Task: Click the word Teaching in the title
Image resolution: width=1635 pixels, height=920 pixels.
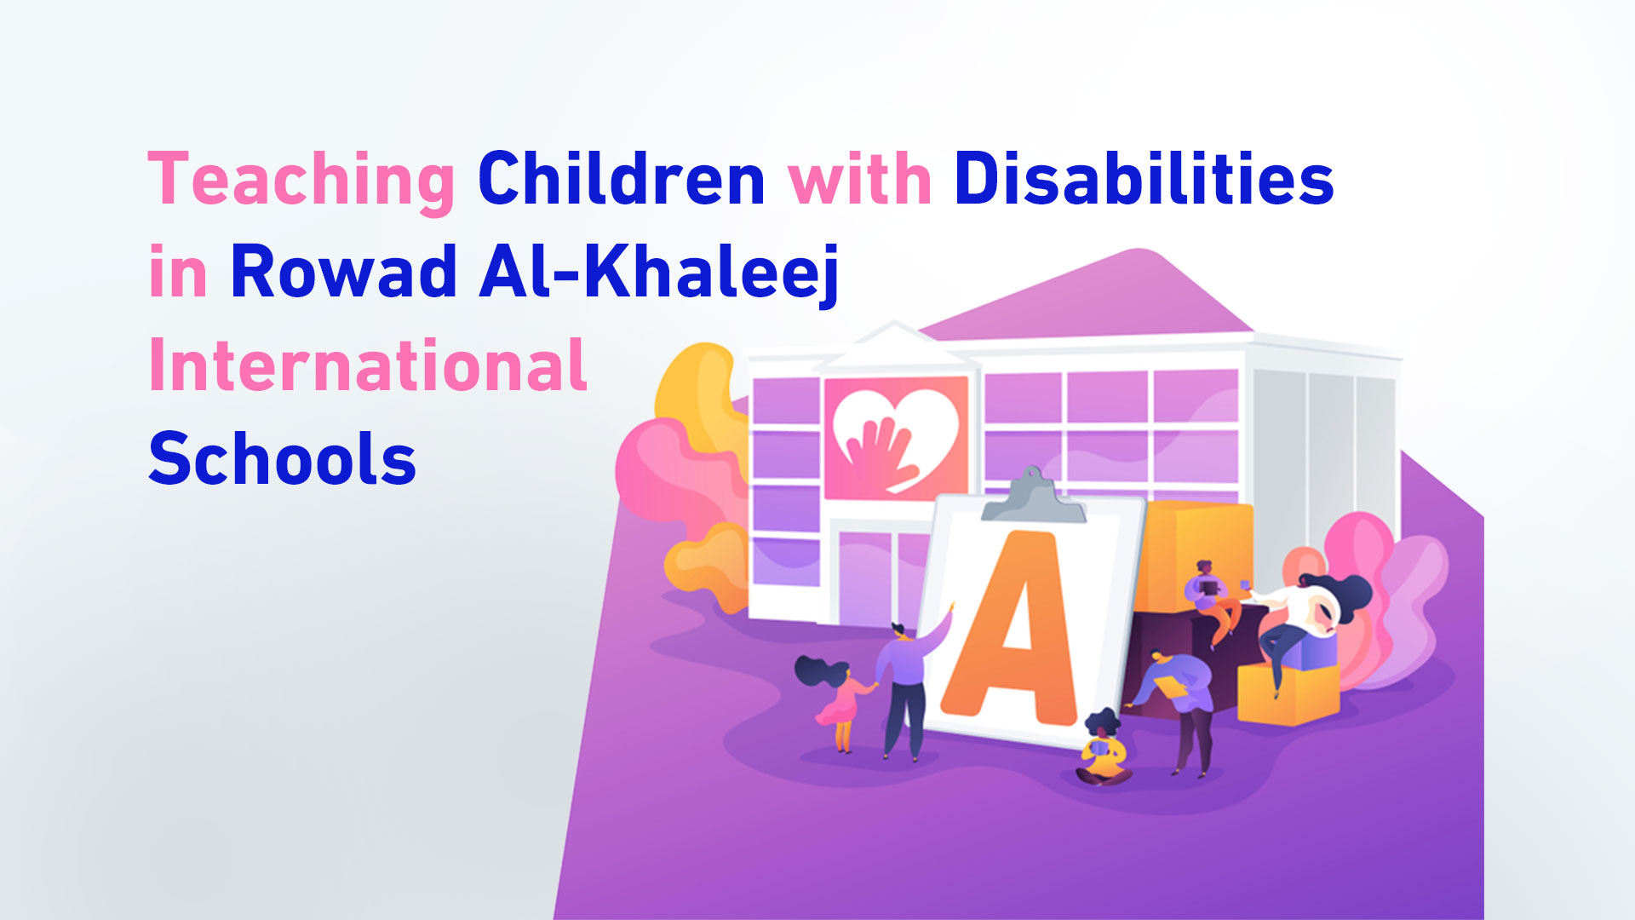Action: [302, 181]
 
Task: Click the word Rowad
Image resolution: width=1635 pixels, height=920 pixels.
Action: [344, 271]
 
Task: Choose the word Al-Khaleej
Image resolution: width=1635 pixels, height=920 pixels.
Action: [660, 273]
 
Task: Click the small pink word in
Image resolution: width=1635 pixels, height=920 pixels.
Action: [178, 271]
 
